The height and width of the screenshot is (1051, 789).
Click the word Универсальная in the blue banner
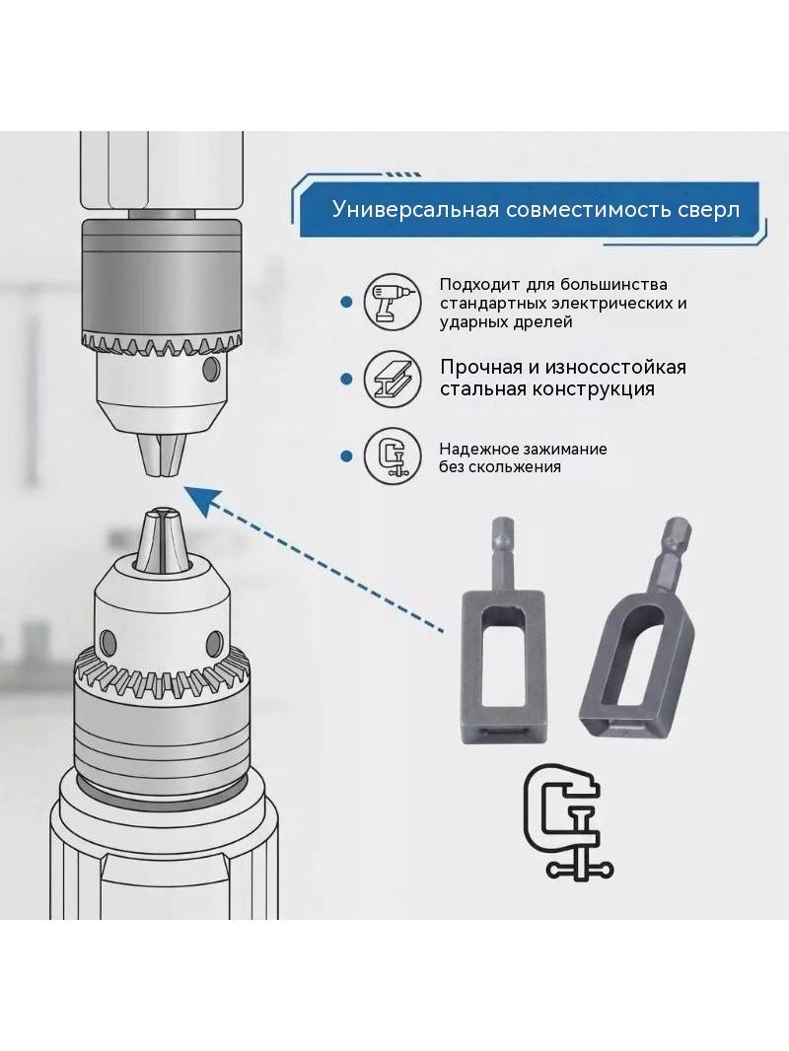coord(416,209)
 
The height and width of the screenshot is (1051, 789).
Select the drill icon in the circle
coord(393,302)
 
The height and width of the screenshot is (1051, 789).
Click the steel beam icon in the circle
coord(393,379)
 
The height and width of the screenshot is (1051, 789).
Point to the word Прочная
coord(481,368)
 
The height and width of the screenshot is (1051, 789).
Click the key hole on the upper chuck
coord(211,368)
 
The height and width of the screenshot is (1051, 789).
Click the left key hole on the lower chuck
coord(107,642)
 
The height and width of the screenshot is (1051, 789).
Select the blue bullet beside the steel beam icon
coord(346,380)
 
